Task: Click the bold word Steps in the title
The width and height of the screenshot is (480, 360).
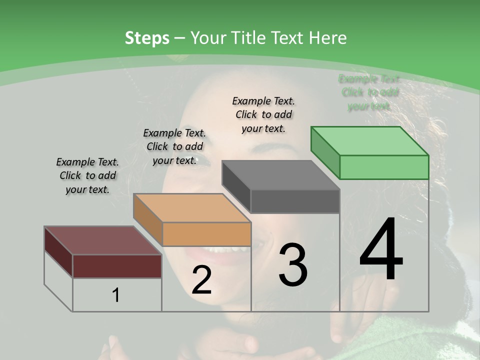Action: [x=147, y=38]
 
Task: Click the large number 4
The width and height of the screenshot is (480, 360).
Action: [x=381, y=250]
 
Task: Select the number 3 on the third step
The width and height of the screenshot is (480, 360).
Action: [x=293, y=264]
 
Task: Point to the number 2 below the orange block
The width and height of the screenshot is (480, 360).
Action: [x=201, y=280]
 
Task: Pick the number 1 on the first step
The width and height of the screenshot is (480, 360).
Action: [x=116, y=295]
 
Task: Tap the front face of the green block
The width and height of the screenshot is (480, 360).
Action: [x=384, y=167]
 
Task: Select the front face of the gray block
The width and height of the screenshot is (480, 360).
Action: [x=295, y=201]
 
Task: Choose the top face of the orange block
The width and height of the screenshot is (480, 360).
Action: [x=192, y=208]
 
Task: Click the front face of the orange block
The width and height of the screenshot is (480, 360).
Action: [x=206, y=234]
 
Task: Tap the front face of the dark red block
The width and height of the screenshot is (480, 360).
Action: [x=117, y=266]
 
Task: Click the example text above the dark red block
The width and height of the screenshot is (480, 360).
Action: [x=87, y=175]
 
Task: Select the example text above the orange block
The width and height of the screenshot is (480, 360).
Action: [x=174, y=146]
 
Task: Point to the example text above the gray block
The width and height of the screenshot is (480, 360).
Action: [x=263, y=114]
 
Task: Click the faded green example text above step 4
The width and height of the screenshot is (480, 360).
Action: [x=369, y=92]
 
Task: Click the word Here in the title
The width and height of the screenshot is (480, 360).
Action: [x=329, y=38]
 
